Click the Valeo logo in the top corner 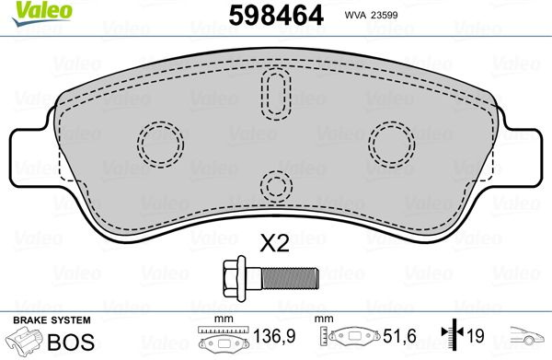pyautogui.click(x=42, y=14)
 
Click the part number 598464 pyautogui.click(x=276, y=16)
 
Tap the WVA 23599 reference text pyautogui.click(x=371, y=15)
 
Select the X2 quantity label pyautogui.click(x=274, y=243)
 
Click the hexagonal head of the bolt pyautogui.click(x=234, y=278)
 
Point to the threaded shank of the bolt pyautogui.click(x=290, y=278)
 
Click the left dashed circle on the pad pyautogui.click(x=160, y=145)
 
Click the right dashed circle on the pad pyautogui.click(x=392, y=145)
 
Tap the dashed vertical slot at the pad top pyautogui.click(x=276, y=94)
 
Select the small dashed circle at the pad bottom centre pyautogui.click(x=276, y=187)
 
